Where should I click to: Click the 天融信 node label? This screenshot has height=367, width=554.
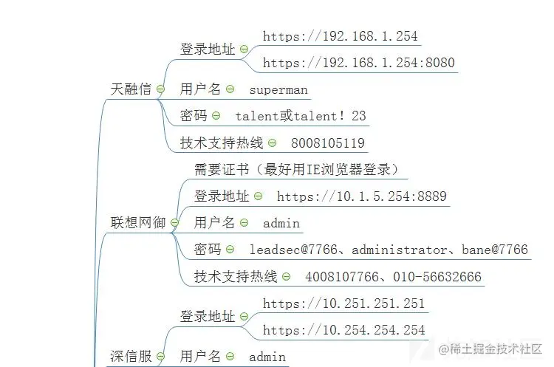(131, 89)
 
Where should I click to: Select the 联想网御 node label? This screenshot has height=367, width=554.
(138, 222)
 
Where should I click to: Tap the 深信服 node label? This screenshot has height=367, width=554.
(131, 356)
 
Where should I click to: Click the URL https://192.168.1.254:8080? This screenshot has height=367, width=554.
(358, 63)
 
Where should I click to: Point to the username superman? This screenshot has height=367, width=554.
(278, 89)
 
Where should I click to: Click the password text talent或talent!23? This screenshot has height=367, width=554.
(301, 116)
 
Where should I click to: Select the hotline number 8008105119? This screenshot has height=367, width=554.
(328, 143)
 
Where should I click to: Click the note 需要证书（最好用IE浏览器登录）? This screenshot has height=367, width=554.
(296, 170)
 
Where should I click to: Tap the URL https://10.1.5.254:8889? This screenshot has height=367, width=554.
(362, 196)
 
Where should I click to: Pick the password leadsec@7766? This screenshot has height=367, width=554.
(293, 250)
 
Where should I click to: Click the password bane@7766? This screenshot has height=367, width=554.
(495, 250)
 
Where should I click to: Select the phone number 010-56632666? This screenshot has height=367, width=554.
(437, 277)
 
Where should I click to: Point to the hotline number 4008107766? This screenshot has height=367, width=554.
(342, 277)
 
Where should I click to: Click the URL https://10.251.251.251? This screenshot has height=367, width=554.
(343, 303)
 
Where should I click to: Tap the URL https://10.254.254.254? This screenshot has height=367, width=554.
(343, 330)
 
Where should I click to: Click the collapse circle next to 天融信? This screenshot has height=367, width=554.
(161, 89)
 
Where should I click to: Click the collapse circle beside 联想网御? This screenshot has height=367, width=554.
(175, 222)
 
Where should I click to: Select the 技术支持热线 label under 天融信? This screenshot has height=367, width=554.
(222, 143)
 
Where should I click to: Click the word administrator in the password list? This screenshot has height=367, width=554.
(400, 250)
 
